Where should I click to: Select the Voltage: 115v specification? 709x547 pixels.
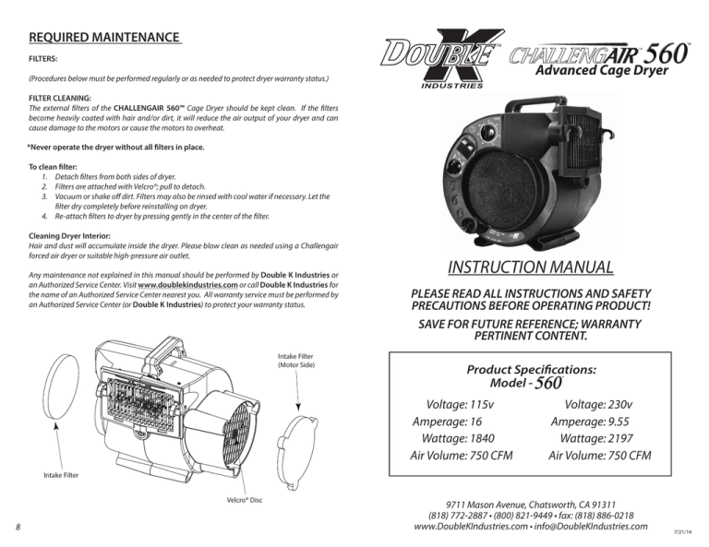coord(458,405)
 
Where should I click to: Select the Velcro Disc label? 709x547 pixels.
coord(243,501)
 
